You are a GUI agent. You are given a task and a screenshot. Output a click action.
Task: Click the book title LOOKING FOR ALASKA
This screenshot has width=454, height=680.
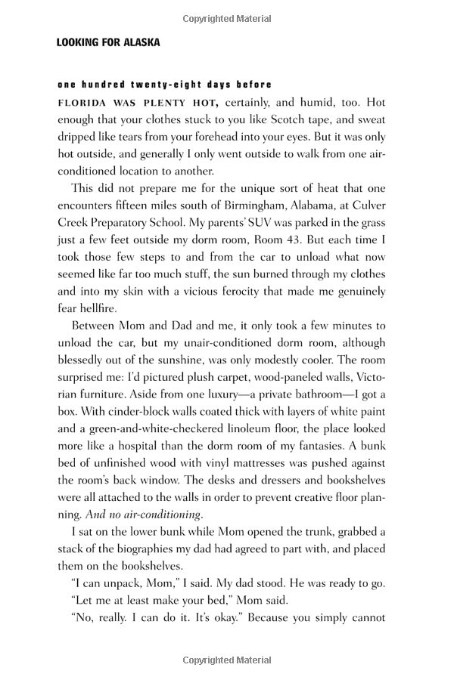click(x=108, y=43)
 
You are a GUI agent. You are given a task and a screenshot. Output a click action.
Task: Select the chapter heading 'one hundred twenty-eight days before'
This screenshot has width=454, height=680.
click(x=164, y=84)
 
